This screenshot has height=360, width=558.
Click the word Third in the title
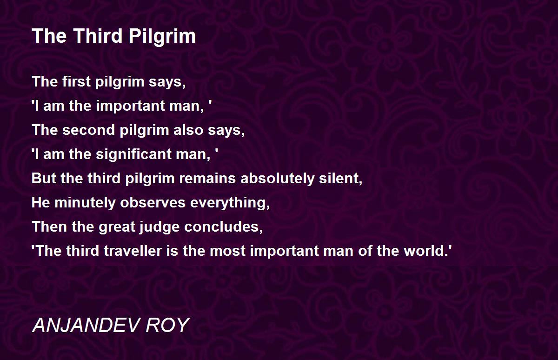[97, 36]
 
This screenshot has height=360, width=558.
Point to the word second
[88, 130]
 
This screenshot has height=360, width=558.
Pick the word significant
[133, 154]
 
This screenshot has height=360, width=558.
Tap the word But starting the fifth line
[44, 178]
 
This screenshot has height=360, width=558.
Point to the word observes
[153, 202]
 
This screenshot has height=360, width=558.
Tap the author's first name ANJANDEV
[86, 325]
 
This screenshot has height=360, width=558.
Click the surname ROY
[168, 325]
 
